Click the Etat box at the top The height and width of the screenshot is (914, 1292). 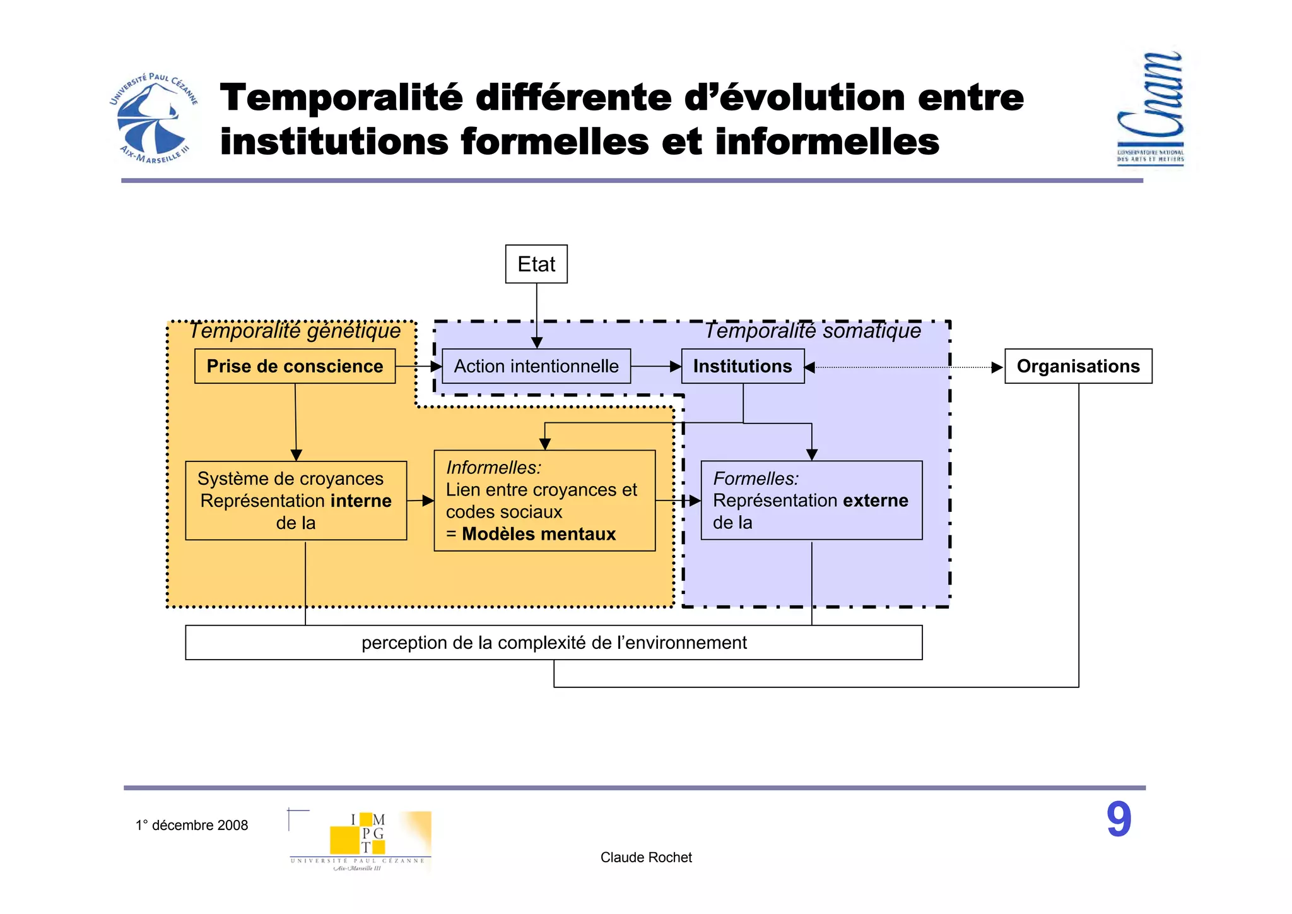pyautogui.click(x=536, y=264)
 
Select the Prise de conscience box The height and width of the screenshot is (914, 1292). pyautogui.click(x=295, y=366)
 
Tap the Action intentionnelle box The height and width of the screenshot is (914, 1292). pyautogui.click(x=536, y=366)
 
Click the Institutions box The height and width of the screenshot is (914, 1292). pyautogui.click(x=743, y=366)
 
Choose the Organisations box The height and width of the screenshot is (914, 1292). pyautogui.click(x=1078, y=366)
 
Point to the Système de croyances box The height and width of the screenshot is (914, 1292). pyautogui.click(x=295, y=501)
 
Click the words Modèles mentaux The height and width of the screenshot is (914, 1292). pyautogui.click(x=538, y=534)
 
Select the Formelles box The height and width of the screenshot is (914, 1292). pyautogui.click(x=811, y=501)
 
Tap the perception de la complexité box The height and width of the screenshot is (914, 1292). pyautogui.click(x=553, y=643)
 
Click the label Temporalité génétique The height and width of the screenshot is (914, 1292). pyautogui.click(x=295, y=331)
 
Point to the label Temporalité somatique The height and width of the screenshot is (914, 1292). pyautogui.click(x=813, y=331)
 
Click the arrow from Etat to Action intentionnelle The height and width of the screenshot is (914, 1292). pyautogui.click(x=537, y=316)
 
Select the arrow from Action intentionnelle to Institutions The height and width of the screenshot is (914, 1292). pyautogui.click(x=655, y=366)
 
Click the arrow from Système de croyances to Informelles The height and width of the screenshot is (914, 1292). pyautogui.click(x=420, y=501)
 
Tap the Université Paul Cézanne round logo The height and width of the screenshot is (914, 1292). pyautogui.click(x=153, y=119)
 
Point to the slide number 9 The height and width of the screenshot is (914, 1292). pyautogui.click(x=1119, y=820)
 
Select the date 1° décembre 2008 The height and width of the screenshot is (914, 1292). pyautogui.click(x=192, y=826)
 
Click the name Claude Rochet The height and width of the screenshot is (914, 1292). pyautogui.click(x=646, y=857)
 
